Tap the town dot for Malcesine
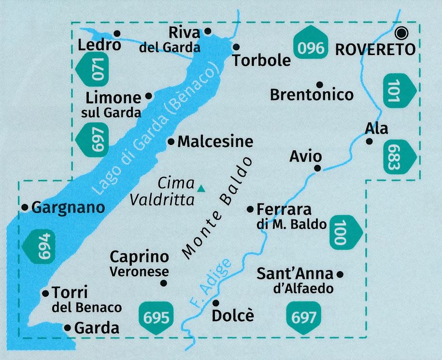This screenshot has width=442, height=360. click(171, 142)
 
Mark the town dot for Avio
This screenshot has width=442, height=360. click(317, 168)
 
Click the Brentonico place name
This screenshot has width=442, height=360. click(312, 95)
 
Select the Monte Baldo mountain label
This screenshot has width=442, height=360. click(217, 208)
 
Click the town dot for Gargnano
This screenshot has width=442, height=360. click(25, 207)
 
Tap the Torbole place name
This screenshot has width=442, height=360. click(261, 60)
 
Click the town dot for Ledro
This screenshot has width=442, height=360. click(116, 33)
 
